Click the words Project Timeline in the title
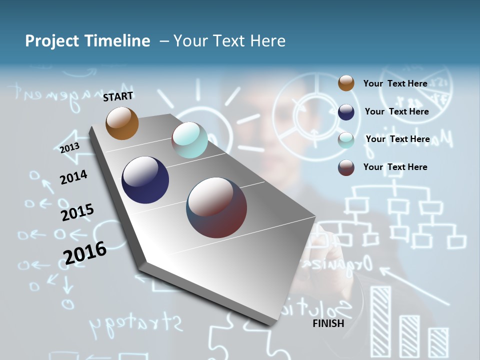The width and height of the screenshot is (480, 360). pyautogui.click(x=87, y=41)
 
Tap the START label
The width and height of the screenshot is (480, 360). pyautogui.click(x=118, y=96)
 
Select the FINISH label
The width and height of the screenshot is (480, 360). pyautogui.click(x=328, y=323)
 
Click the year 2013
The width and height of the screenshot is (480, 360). pyautogui.click(x=69, y=148)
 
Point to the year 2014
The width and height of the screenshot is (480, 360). pyautogui.click(x=73, y=177)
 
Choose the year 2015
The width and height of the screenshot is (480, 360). pyautogui.click(x=77, y=212)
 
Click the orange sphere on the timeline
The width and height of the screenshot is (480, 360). pyautogui.click(x=122, y=123)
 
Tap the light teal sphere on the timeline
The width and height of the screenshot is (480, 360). pyautogui.click(x=189, y=140)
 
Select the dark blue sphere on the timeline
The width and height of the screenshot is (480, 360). pyautogui.click(x=145, y=180)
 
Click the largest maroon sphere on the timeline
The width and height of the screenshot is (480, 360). pyautogui.click(x=216, y=207)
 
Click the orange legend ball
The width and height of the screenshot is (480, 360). pyautogui.click(x=346, y=83)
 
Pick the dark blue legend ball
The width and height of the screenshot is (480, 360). pyautogui.click(x=346, y=111)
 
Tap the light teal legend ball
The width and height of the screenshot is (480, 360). pyautogui.click(x=346, y=139)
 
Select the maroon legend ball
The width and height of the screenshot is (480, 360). pyautogui.click(x=346, y=167)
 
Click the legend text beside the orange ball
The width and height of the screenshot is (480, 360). pyautogui.click(x=395, y=83)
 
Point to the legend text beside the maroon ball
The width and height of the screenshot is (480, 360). pyautogui.click(x=395, y=167)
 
